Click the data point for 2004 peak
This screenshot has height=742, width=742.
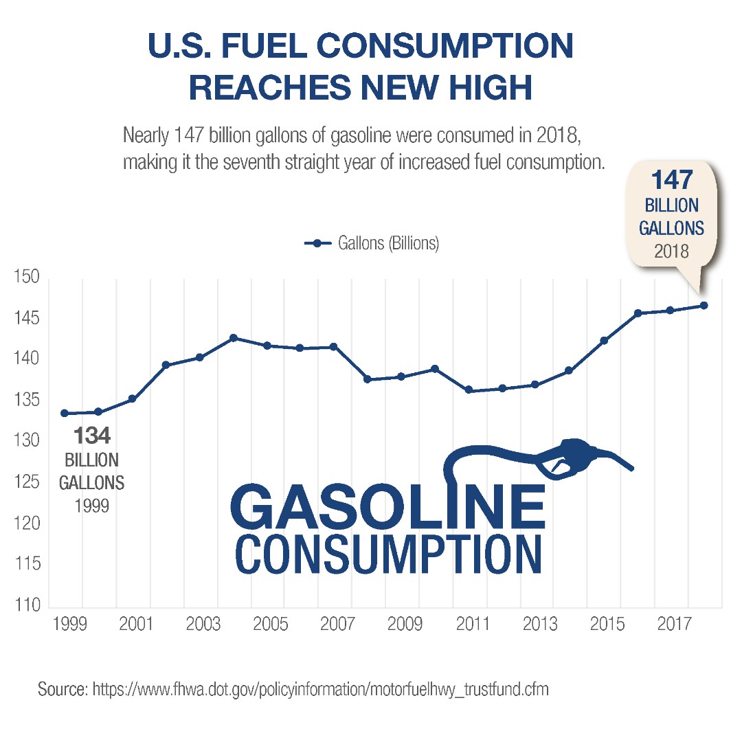[234, 338]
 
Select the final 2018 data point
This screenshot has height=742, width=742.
[704, 306]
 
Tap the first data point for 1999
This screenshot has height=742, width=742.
[65, 414]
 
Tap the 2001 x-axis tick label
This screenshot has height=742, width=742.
[135, 625]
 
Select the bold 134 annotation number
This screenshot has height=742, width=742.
[92, 436]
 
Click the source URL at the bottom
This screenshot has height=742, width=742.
[320, 689]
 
